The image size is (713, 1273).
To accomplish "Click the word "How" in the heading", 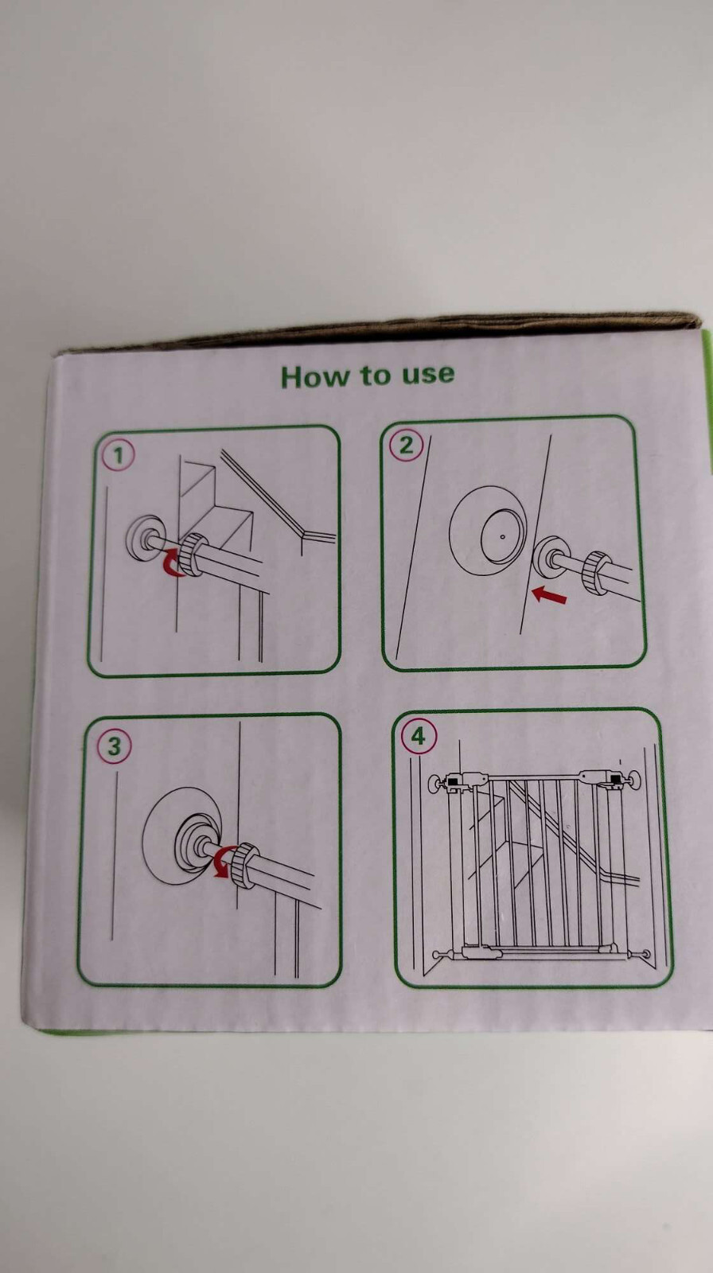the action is (x=312, y=377).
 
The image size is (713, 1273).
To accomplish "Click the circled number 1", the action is (x=119, y=456).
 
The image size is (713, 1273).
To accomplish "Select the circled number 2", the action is (x=406, y=445).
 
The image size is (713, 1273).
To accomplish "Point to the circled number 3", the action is (x=114, y=746).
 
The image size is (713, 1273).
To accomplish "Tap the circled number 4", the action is (x=418, y=737).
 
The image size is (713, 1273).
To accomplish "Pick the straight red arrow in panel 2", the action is (x=549, y=595).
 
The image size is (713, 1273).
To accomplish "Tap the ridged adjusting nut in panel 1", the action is (x=192, y=555).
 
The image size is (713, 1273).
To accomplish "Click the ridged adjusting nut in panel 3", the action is (x=244, y=865).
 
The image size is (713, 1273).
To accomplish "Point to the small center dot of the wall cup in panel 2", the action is (x=502, y=536).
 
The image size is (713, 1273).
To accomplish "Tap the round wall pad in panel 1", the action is (x=145, y=537).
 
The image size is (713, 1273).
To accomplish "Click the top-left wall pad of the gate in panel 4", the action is (x=435, y=784).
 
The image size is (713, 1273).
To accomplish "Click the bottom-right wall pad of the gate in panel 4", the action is (x=645, y=952).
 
